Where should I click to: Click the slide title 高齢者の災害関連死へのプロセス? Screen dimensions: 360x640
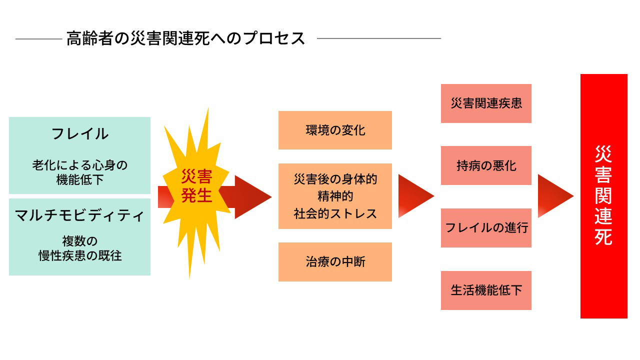(185, 38)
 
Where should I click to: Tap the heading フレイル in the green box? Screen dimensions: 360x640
(80, 133)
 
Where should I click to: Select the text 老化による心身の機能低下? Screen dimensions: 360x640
(80, 172)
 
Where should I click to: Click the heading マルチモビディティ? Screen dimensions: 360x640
(80, 215)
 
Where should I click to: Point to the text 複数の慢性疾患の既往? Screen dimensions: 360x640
(80, 248)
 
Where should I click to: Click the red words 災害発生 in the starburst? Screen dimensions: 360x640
(196, 186)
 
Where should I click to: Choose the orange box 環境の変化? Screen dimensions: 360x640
(335, 130)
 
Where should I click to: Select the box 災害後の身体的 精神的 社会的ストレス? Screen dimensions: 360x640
(335, 196)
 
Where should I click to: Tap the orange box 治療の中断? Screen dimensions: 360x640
(335, 262)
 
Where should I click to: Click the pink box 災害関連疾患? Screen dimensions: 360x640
(486, 103)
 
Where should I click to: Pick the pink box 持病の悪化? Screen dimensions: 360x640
(486, 165)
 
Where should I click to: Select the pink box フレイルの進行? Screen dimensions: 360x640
(486, 228)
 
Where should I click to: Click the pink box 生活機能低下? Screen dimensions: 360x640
(486, 290)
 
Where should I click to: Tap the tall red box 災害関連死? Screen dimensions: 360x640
(603, 196)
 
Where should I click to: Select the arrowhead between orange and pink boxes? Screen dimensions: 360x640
(414, 196)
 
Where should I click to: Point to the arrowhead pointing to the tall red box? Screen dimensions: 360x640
(554, 196)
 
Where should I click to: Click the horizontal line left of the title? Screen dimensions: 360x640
(38, 38)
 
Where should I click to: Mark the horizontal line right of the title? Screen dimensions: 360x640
(379, 38)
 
